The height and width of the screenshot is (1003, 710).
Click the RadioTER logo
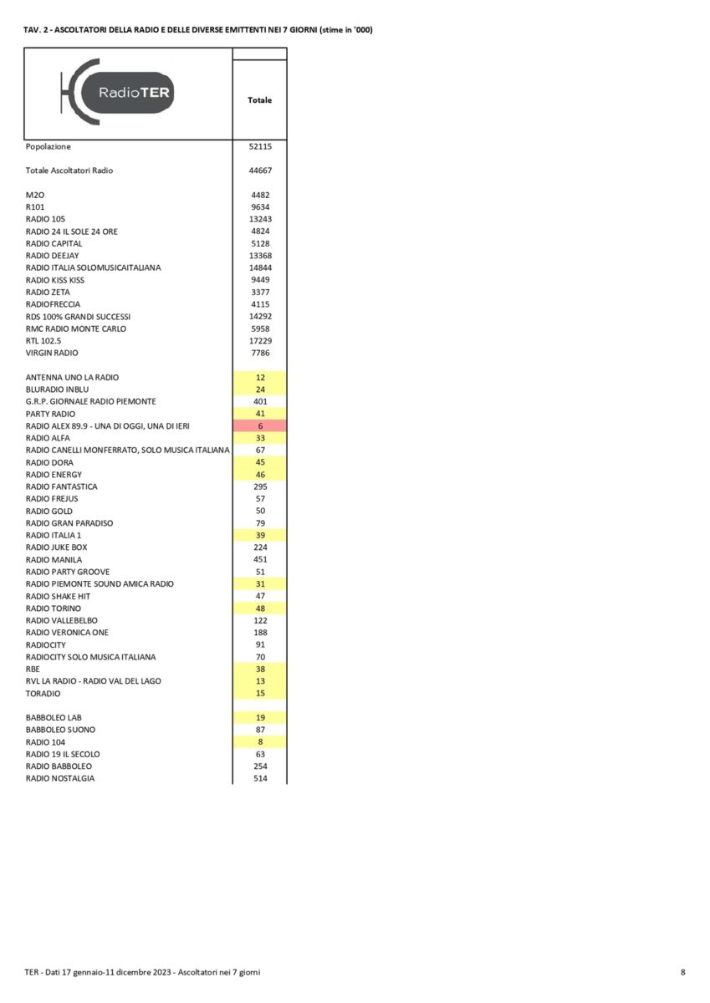118,93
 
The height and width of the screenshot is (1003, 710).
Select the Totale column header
259,100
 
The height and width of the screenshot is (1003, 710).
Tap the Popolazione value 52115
259,146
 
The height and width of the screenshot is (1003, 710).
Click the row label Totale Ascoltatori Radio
69,171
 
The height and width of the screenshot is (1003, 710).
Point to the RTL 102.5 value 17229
259,341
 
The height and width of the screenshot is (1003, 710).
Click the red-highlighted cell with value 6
259,426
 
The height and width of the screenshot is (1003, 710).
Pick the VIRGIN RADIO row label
53,353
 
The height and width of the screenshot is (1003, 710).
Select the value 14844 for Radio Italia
259,267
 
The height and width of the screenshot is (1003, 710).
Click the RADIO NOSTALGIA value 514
259,778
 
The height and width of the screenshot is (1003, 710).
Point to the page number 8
682,972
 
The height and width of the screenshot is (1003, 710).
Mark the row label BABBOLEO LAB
54,717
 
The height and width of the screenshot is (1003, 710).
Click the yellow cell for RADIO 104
259,742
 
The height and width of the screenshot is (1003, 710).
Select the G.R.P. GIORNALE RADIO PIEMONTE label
90,401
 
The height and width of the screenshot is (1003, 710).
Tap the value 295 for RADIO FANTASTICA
259,486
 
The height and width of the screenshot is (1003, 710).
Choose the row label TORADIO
43,694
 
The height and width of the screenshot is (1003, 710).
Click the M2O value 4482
259,195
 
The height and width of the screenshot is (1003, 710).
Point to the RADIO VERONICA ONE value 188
259,633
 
